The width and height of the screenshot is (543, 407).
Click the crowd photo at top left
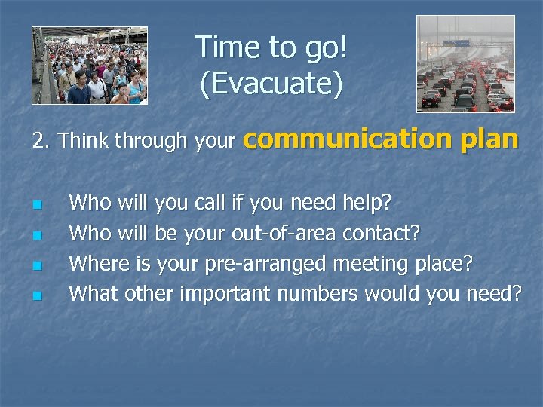(90, 66)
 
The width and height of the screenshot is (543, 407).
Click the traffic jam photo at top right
(465, 64)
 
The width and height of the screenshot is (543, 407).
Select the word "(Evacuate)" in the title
(271, 84)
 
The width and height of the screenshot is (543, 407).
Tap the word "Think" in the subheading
(84, 141)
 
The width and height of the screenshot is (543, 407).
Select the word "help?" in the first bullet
(367, 203)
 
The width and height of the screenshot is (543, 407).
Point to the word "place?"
(445, 264)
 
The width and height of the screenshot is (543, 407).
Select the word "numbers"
(318, 293)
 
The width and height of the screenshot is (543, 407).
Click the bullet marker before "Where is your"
(35, 265)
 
